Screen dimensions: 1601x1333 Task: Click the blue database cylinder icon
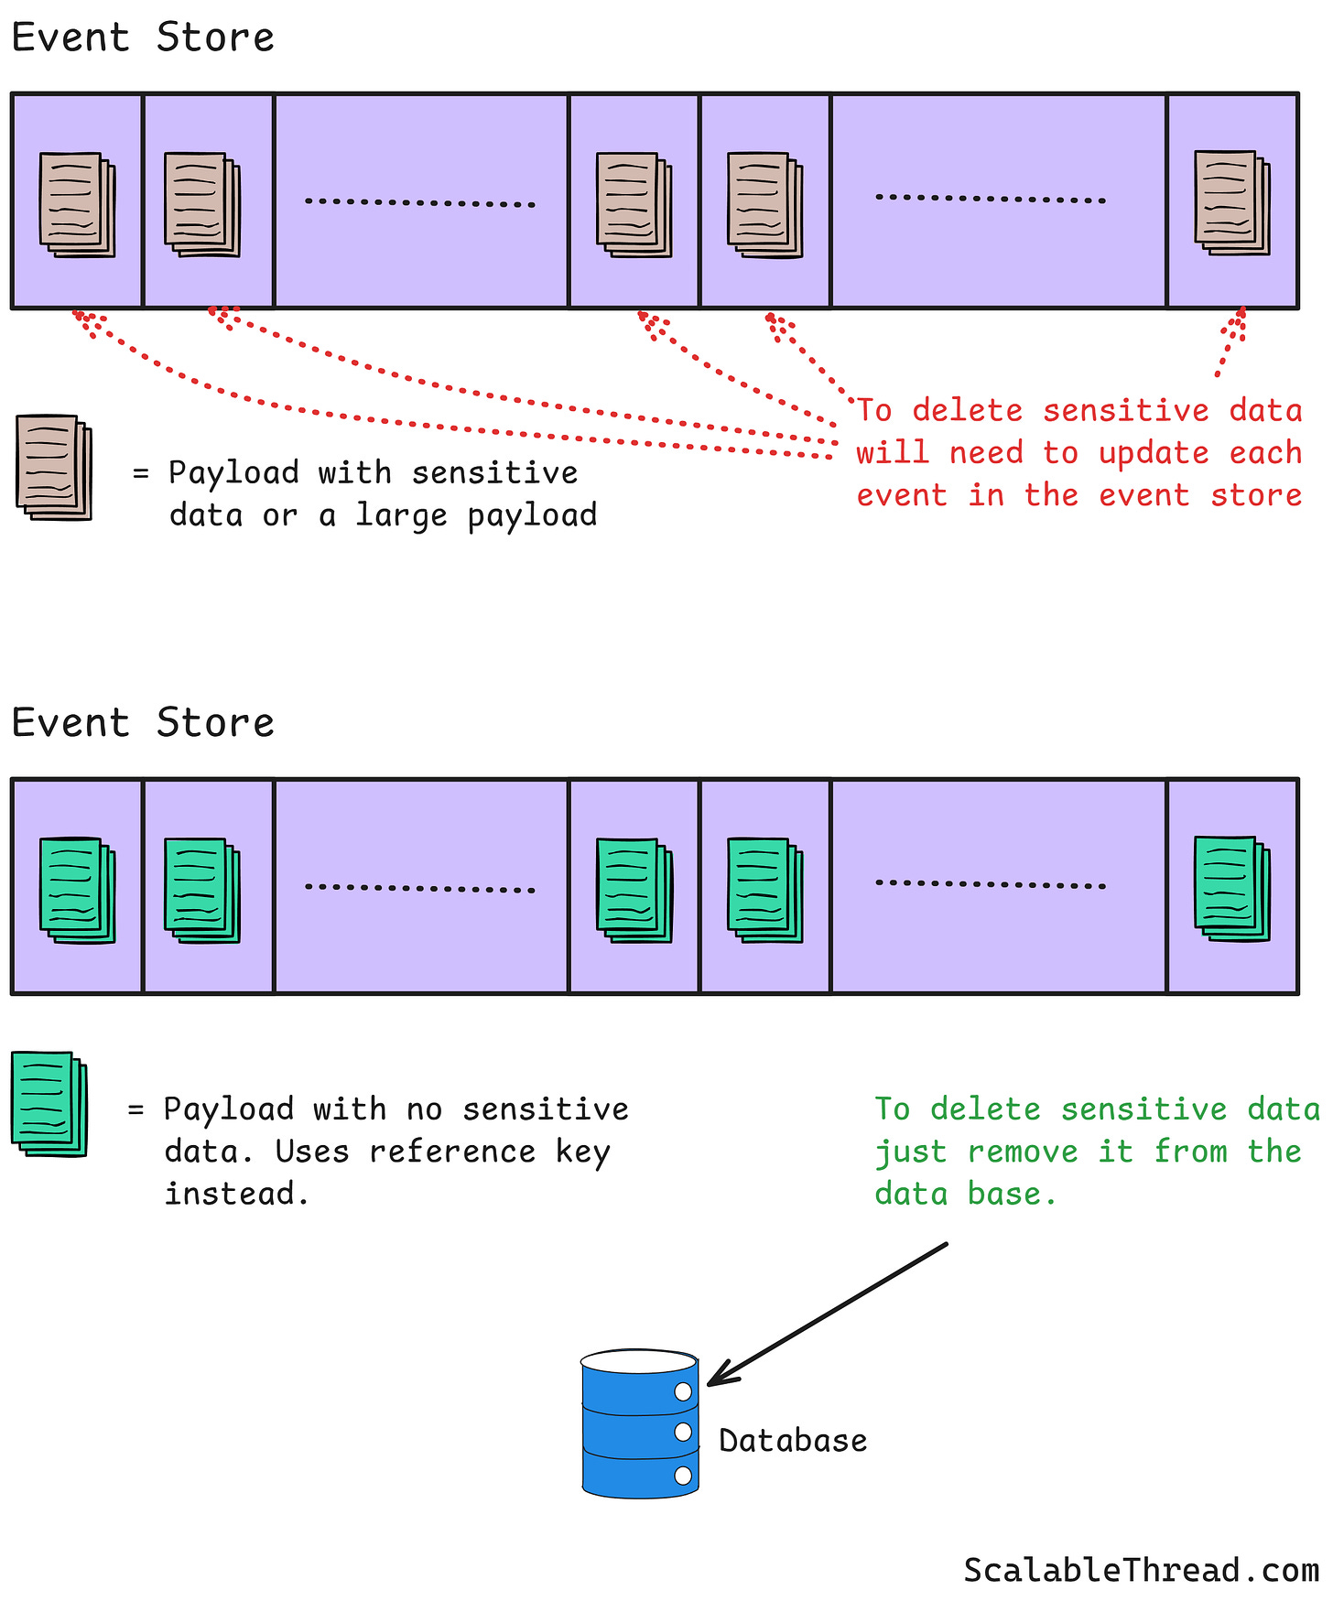click(x=640, y=1423)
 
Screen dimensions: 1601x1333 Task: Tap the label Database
click(x=793, y=1441)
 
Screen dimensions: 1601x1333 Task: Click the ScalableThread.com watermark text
click(x=1141, y=1571)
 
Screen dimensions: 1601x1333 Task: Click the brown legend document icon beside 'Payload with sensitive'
click(x=54, y=467)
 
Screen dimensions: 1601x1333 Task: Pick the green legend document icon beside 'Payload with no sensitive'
click(x=49, y=1104)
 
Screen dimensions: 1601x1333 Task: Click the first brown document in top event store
click(x=77, y=204)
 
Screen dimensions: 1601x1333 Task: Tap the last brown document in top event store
click(x=1232, y=202)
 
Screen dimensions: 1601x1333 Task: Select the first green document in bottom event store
click(x=77, y=890)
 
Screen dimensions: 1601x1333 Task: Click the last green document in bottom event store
click(x=1232, y=888)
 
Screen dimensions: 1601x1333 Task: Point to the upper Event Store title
click(x=143, y=38)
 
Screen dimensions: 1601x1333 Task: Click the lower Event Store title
click(x=143, y=723)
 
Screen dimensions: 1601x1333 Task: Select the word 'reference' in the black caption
click(x=452, y=1152)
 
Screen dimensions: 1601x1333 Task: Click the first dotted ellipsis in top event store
click(x=420, y=202)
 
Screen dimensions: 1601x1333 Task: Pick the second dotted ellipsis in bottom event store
click(x=991, y=884)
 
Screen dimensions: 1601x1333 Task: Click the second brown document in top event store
click(x=201, y=204)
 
